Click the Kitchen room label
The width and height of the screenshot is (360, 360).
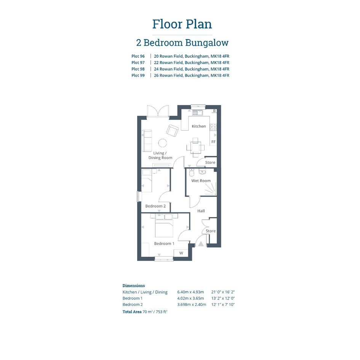pyautogui.click(x=198, y=126)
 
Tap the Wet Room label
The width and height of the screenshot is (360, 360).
pyautogui.click(x=201, y=181)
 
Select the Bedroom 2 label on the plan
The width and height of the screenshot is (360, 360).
pyautogui.click(x=155, y=206)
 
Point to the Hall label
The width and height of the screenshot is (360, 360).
pyautogui.click(x=201, y=211)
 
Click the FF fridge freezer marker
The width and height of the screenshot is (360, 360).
pyautogui.click(x=213, y=142)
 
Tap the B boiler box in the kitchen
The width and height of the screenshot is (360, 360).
pyautogui.click(x=214, y=110)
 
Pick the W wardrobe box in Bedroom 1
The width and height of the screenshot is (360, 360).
pyautogui.click(x=181, y=253)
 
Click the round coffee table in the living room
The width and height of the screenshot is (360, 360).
pyautogui.click(x=163, y=143)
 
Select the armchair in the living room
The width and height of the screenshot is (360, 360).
pyautogui.click(x=173, y=131)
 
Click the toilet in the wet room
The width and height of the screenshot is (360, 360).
pyautogui.click(x=192, y=173)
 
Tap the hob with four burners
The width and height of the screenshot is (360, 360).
pyautogui.click(x=213, y=127)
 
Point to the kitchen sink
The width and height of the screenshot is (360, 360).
pyautogui.click(x=197, y=112)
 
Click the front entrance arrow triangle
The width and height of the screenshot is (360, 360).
pyautogui.click(x=201, y=243)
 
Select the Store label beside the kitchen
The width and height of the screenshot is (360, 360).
pyautogui.click(x=210, y=162)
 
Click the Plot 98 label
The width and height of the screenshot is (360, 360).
pyautogui.click(x=138, y=69)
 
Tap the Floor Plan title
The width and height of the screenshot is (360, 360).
pyautogui.click(x=182, y=24)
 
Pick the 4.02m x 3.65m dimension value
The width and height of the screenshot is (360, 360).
pyautogui.click(x=190, y=298)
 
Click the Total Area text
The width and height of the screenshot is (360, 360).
pyautogui.click(x=145, y=312)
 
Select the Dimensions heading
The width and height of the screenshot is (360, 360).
pyautogui.click(x=134, y=286)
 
